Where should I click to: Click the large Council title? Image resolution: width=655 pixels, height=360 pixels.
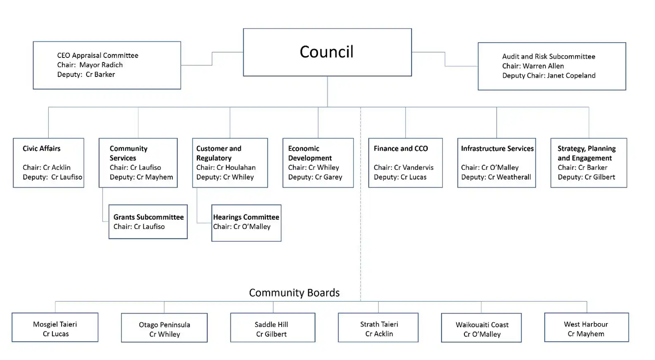pyautogui.click(x=326, y=52)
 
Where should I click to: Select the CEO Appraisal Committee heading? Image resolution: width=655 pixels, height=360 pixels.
pyautogui.click(x=98, y=55)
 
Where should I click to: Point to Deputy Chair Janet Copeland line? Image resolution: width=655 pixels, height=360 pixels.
pyautogui.click(x=549, y=76)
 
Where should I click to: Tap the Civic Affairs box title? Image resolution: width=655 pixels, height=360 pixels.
pyautogui.click(x=41, y=148)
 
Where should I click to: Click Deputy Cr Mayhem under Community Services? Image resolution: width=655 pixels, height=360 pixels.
pyautogui.click(x=141, y=177)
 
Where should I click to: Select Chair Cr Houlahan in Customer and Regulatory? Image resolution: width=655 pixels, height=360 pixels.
pyautogui.click(x=226, y=167)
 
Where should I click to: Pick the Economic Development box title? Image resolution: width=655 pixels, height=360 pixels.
pyautogui.click(x=310, y=153)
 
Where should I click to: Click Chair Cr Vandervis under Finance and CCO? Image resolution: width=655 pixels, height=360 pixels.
pyautogui.click(x=404, y=167)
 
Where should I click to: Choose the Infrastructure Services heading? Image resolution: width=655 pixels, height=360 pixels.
pyautogui.click(x=497, y=148)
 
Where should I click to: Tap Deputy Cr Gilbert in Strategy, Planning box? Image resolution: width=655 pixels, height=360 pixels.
pyautogui.click(x=586, y=177)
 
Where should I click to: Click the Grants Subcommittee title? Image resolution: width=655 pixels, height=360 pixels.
pyautogui.click(x=148, y=217)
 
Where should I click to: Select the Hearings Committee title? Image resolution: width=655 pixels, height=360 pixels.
pyautogui.click(x=246, y=217)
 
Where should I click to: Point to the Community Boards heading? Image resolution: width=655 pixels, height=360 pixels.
pyautogui.click(x=294, y=293)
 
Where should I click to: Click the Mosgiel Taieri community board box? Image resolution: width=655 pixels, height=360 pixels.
pyautogui.click(x=55, y=327)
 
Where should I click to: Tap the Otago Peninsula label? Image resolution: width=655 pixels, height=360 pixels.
pyautogui.click(x=164, y=325)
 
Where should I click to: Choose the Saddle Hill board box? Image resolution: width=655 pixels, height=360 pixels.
pyautogui.click(x=273, y=328)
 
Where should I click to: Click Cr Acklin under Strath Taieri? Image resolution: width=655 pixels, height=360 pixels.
pyautogui.click(x=379, y=334)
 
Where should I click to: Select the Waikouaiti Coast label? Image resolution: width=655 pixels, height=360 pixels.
pyautogui.click(x=482, y=325)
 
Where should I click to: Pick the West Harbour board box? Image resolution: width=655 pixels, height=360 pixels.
pyautogui.click(x=586, y=327)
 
